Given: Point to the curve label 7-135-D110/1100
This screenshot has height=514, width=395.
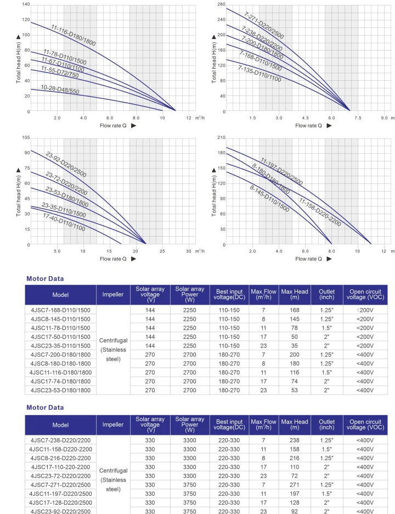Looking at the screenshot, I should (x=259, y=74).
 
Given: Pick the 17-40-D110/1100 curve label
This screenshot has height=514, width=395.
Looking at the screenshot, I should (x=64, y=221).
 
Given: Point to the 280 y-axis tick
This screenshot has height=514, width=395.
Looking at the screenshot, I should (x=221, y=4).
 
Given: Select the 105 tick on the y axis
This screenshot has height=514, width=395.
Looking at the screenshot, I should (x=25, y=137).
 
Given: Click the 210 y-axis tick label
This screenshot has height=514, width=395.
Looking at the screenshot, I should (x=221, y=137).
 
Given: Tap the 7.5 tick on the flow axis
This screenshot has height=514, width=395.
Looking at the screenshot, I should (x=358, y=118).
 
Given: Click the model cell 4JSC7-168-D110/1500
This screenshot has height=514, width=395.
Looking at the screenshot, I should (x=60, y=310).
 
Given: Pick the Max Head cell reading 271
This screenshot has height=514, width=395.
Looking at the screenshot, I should (x=295, y=485).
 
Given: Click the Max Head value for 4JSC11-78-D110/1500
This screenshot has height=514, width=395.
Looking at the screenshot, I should (x=295, y=328).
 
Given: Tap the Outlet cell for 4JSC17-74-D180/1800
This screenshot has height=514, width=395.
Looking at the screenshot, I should (x=326, y=381).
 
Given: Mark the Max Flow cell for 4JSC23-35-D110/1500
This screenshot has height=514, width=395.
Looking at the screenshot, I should (x=263, y=345).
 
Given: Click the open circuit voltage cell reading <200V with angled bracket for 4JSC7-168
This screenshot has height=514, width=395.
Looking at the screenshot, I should (x=365, y=310).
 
